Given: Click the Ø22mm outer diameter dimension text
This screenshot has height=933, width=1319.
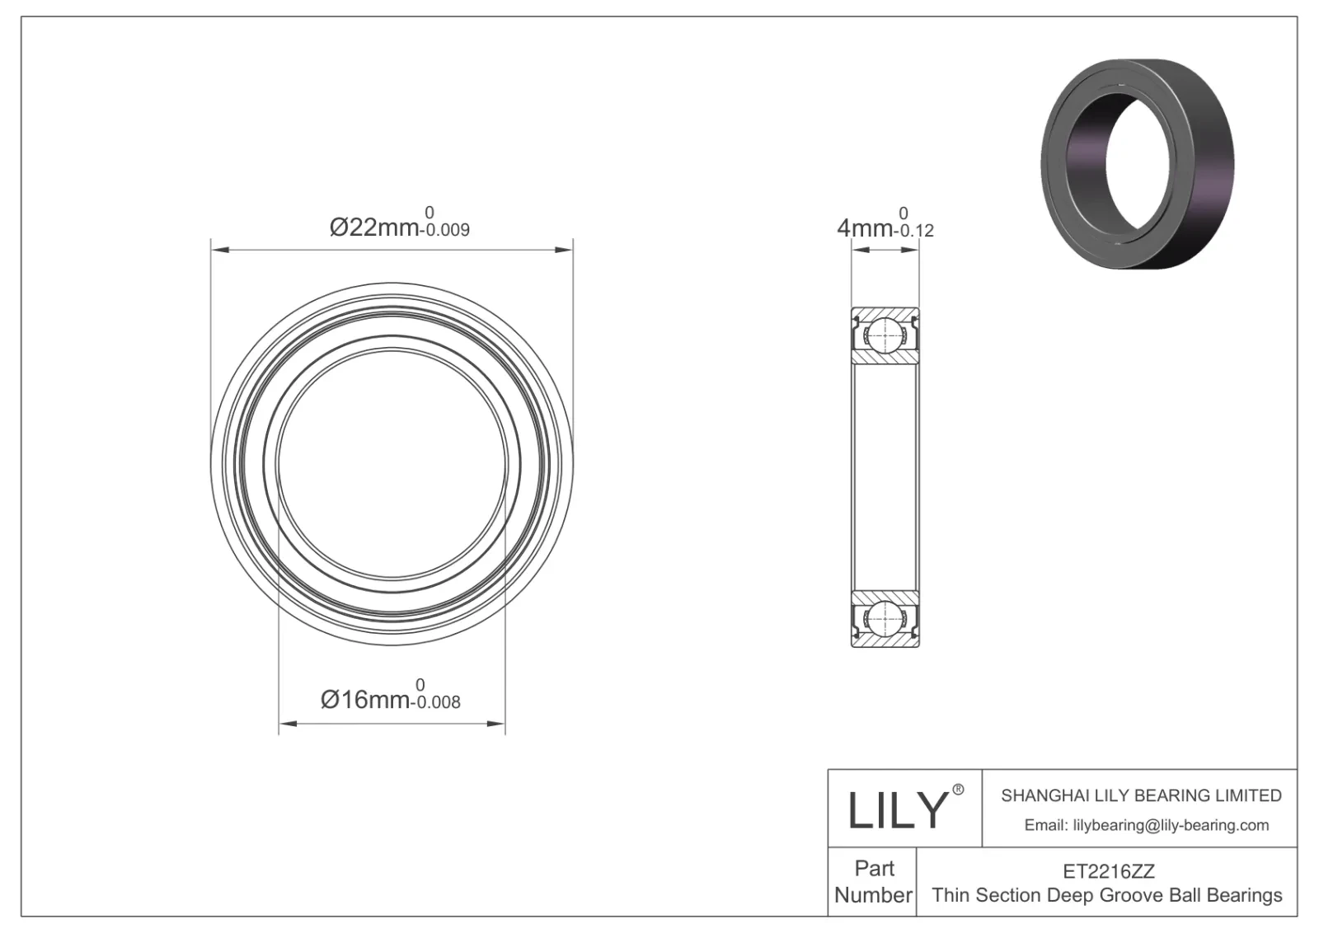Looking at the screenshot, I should click(373, 227).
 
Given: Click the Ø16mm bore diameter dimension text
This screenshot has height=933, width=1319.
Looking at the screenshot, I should click(364, 700).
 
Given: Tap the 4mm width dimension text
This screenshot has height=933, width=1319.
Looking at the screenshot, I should click(865, 227).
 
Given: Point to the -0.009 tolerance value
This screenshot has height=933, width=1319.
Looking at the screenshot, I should click(445, 231).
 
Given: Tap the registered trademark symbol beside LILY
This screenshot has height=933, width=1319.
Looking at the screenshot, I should click(958, 790).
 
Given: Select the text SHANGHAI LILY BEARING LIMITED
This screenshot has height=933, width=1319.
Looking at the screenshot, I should click(1141, 795).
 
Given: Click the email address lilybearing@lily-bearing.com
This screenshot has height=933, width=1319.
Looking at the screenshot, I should click(1146, 825).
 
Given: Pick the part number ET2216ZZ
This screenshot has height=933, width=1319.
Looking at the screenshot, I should click(1108, 871).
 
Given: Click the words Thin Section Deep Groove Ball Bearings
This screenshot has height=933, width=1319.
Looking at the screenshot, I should click(1107, 895).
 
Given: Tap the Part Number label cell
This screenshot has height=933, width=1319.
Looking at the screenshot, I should click(873, 881).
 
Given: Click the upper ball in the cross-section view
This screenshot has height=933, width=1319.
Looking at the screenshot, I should click(885, 335).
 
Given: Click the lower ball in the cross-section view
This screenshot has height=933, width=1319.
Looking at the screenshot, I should click(885, 617).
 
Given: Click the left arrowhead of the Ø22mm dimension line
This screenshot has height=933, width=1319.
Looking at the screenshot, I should click(218, 248).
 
